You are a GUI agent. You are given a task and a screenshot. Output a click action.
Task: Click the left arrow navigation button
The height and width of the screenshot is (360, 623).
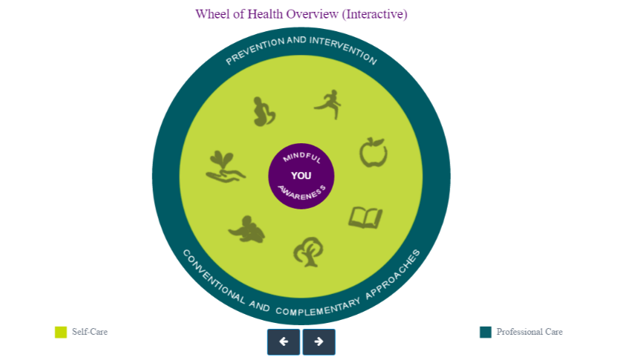tap(284, 341)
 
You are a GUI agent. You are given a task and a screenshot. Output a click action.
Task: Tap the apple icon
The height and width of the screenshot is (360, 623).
tap(373, 153)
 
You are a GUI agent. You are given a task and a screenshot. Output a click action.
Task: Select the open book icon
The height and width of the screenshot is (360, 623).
tap(365, 217)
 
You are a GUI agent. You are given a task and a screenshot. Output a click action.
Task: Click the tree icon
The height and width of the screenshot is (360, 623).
tap(308, 252)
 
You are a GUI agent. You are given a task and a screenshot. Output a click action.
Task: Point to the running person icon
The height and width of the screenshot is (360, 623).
tap(329, 105)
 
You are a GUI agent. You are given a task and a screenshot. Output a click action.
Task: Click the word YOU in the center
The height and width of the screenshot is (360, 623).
tap(301, 176)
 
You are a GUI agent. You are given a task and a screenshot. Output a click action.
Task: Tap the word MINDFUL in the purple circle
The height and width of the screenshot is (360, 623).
tap(301, 157)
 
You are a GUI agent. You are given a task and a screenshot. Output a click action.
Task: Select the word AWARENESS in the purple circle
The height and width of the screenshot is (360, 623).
tap(302, 192)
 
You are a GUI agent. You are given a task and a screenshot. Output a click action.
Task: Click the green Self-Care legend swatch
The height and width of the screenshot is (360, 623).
tap(61, 333)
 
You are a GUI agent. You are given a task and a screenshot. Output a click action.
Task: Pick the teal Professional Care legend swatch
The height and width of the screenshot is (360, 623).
tap(486, 333)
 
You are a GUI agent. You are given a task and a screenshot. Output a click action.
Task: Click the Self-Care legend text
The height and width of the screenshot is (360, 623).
tap(90, 332)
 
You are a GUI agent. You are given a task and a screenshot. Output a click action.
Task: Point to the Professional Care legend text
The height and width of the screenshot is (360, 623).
tap(529, 332)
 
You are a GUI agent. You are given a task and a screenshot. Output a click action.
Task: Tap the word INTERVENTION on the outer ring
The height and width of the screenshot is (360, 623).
tap(343, 50)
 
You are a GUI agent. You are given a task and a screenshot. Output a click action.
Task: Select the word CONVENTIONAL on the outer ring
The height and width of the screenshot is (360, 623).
tap(214, 277)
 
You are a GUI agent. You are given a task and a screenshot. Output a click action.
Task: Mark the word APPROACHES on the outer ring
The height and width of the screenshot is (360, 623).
tap(393, 274)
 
